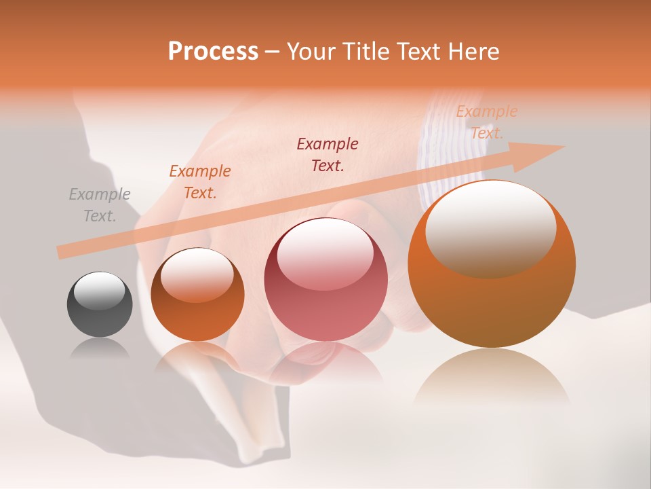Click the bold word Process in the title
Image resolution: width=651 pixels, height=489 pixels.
(213, 52)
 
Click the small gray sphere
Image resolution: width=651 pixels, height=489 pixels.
(100, 305)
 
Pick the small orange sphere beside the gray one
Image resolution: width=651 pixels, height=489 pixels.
(197, 295)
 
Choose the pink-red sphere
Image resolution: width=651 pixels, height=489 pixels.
(325, 280)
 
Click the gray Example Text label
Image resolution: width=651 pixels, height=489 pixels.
(100, 205)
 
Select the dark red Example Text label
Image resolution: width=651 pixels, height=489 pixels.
(328, 154)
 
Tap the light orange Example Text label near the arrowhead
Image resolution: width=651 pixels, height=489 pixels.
(487, 122)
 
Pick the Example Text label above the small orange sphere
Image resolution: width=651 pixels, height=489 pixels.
(200, 181)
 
